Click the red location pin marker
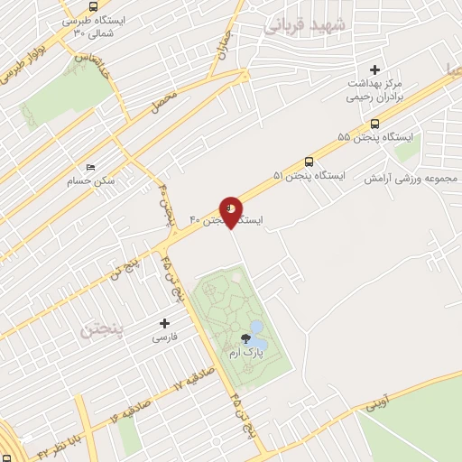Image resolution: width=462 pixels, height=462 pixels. [231, 210]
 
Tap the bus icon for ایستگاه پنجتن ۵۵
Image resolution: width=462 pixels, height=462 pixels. [374, 125]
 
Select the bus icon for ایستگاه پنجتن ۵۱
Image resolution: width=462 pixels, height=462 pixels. [310, 162]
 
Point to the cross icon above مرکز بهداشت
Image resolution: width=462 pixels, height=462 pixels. [375, 69]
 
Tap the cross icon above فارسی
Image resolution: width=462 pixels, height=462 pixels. [164, 322]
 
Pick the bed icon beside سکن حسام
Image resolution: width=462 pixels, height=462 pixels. [89, 168]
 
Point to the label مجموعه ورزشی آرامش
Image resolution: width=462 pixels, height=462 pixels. [411, 178]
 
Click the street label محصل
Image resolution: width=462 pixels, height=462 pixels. [163, 100]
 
